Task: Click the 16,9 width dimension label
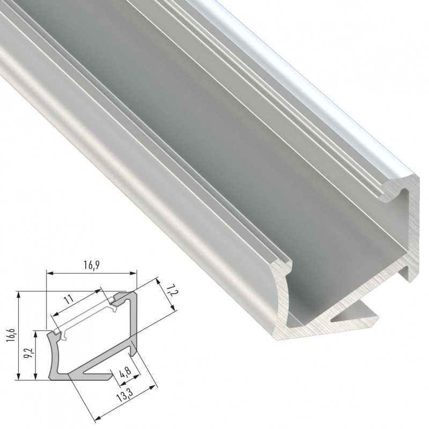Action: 92,264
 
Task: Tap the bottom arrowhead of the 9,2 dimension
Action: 35,378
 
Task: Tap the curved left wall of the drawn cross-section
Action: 53,357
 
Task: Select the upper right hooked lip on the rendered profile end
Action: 400,193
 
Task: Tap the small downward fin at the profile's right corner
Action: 412,271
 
